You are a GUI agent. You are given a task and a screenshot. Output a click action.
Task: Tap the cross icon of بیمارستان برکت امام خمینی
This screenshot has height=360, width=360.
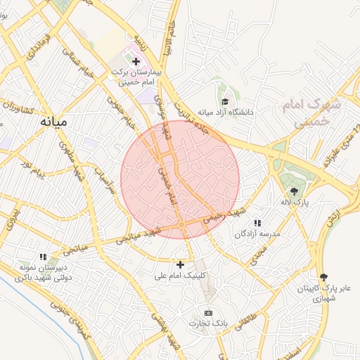tap(136, 62)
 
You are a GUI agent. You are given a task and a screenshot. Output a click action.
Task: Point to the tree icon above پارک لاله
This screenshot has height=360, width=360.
tap(294, 191)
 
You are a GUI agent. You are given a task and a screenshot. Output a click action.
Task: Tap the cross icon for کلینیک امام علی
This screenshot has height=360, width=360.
tap(181, 264)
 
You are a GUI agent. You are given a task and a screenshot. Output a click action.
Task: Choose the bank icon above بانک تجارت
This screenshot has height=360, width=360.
tap(207, 312)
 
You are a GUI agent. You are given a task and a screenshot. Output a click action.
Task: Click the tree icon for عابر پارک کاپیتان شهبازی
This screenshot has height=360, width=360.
tap(323, 277)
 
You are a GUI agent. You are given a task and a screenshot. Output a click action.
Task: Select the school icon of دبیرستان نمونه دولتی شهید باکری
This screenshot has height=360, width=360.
tap(43, 257)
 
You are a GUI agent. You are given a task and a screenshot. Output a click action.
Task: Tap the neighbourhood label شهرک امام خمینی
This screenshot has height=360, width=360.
tap(309, 113)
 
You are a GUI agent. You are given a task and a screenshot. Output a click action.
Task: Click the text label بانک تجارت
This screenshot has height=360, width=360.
tap(207, 323)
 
